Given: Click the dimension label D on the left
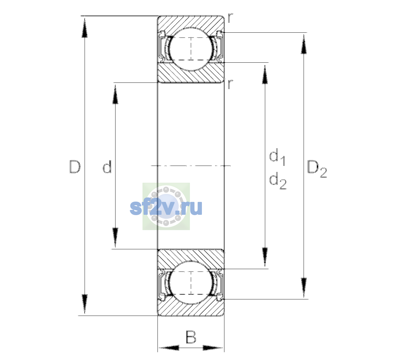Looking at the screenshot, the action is tap(75, 167).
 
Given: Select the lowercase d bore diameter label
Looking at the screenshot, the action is tap(107, 166).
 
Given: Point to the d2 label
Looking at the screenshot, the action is tap(278, 181).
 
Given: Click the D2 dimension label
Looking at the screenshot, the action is tap(317, 169).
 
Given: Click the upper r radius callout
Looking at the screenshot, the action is tap(230, 18).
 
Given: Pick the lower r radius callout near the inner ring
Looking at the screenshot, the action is tap(230, 84).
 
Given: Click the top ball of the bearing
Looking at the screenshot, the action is tap(191, 49).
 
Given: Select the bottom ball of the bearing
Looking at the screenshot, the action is tap(191, 283).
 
